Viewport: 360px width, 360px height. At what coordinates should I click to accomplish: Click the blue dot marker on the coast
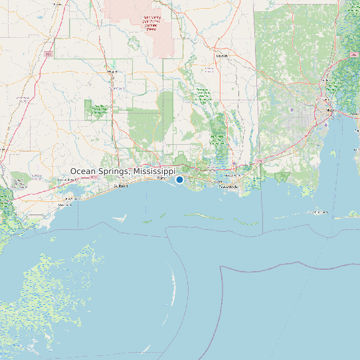179,179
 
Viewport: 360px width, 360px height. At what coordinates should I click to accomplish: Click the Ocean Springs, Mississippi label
122,171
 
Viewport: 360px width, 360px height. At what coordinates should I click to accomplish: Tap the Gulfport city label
120,186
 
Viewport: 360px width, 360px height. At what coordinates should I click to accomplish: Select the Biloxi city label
161,179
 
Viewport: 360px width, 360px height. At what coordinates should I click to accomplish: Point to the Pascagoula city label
228,187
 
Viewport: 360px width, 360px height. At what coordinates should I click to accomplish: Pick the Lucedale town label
221,56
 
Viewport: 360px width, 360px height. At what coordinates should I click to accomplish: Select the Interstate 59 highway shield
48,53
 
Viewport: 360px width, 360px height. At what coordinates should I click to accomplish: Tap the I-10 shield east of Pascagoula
260,161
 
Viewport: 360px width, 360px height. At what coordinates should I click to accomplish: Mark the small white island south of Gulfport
120,217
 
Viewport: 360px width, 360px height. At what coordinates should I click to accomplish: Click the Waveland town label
64,205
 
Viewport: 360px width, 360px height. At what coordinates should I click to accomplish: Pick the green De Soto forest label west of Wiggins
100,109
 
